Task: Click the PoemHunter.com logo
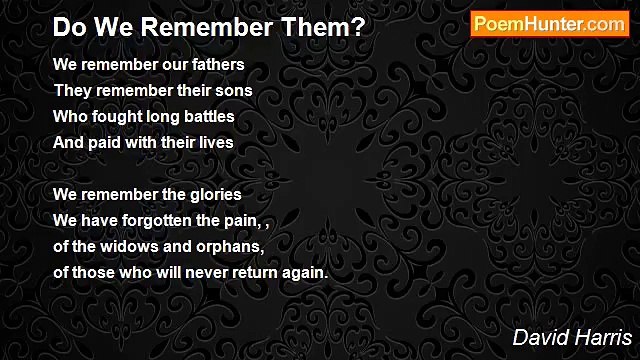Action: (x=549, y=24)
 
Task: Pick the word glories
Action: (x=214, y=194)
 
